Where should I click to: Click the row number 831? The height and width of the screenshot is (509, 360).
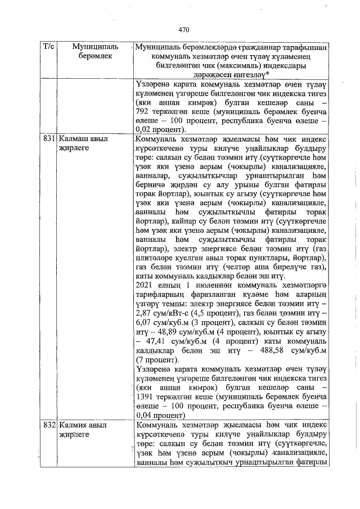point(48,138)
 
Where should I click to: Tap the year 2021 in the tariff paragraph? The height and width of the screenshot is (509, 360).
point(146,285)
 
